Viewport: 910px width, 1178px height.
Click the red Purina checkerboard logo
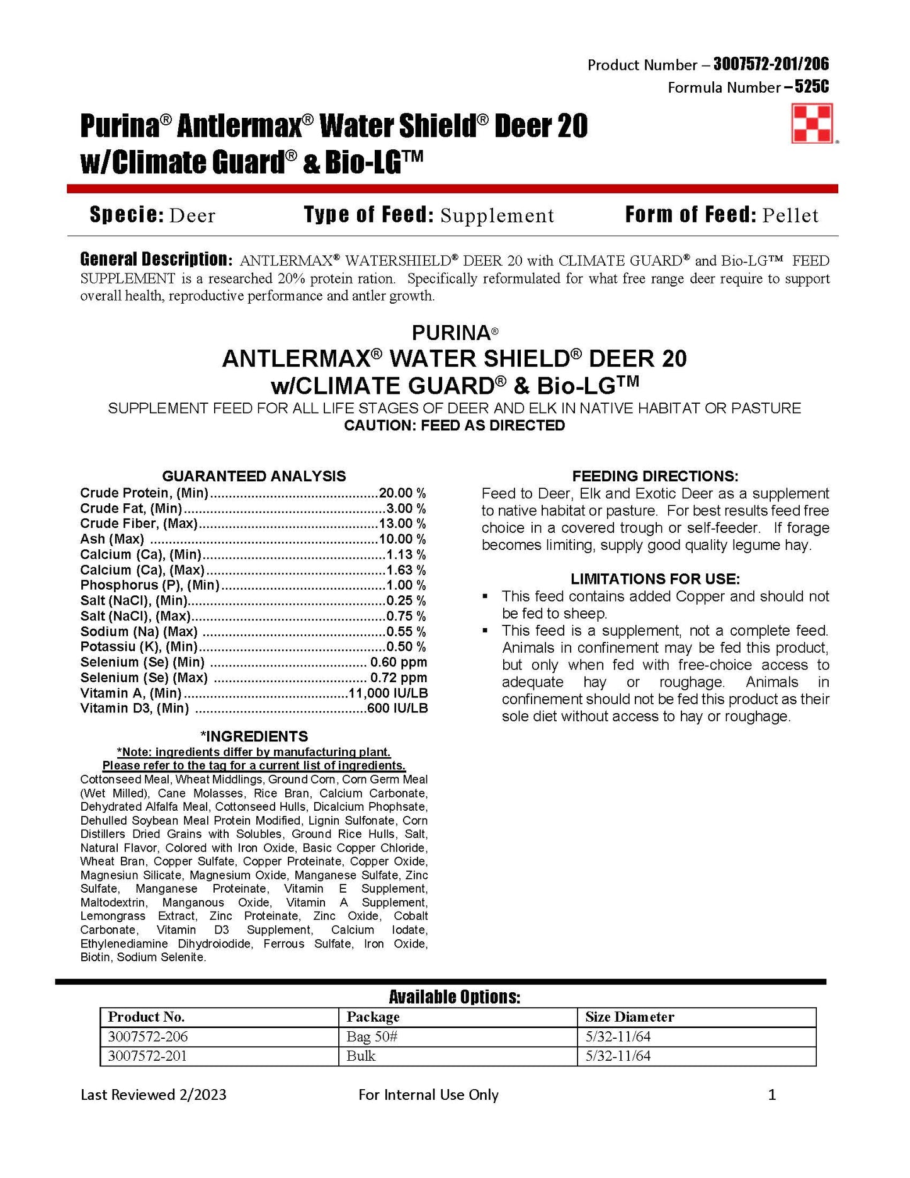click(812, 123)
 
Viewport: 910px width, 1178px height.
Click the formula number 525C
click(812, 87)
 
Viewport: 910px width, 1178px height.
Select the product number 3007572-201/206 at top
click(771, 64)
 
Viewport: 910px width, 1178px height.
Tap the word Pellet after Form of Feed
click(790, 215)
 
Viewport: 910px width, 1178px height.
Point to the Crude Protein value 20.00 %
click(402, 493)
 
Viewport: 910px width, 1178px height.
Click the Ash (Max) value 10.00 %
click(402, 539)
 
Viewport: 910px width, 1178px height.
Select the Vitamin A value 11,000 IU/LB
click(388, 694)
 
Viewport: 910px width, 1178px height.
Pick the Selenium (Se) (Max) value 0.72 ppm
click(398, 678)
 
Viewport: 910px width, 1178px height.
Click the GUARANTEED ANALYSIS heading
click(254, 476)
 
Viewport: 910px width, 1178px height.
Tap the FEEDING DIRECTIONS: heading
click(655, 476)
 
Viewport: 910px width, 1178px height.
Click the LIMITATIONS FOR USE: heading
click(655, 579)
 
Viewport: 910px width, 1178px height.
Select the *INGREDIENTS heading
click(254, 736)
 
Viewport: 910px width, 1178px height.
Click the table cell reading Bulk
click(361, 1056)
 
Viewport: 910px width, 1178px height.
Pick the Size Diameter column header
click(629, 1017)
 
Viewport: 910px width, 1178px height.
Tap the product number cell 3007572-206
click(148, 1037)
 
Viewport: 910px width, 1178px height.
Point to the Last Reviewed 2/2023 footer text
click(153, 1095)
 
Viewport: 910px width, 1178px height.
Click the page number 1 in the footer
click(772, 1095)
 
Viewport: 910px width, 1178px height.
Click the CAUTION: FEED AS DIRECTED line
click(454, 426)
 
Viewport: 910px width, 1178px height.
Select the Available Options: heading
click(454, 997)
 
